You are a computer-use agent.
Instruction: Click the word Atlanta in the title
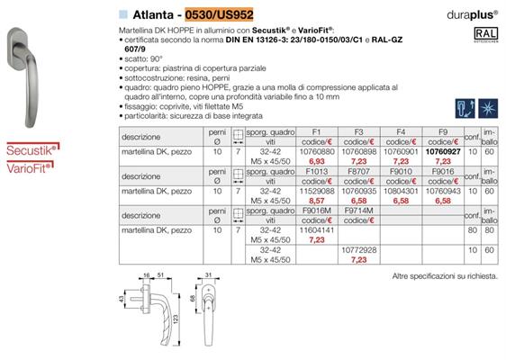(149, 13)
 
